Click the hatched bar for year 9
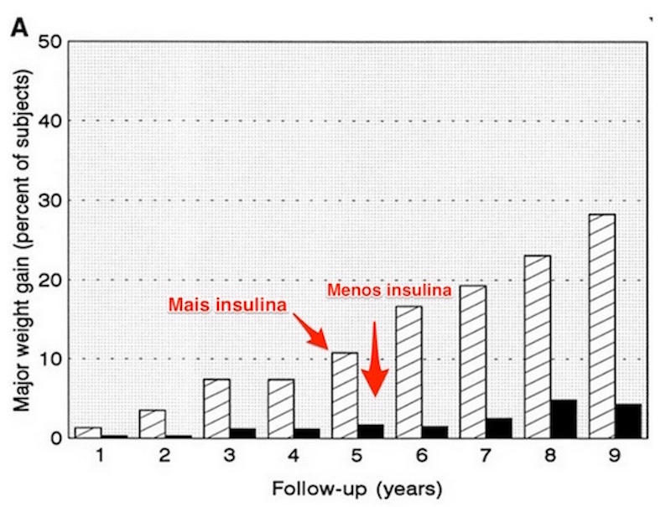click(601, 326)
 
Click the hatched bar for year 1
click(88, 432)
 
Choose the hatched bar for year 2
click(153, 423)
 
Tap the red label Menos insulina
click(388, 289)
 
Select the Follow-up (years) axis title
click(357, 486)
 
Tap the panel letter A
click(18, 28)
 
